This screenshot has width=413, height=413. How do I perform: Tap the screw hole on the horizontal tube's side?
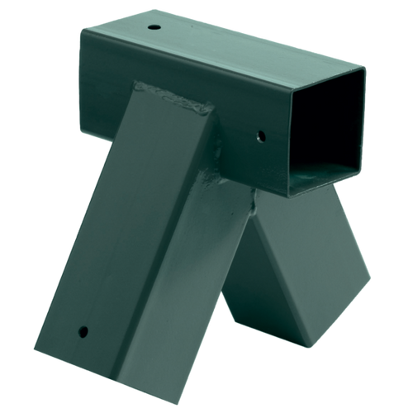[x=261, y=134]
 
